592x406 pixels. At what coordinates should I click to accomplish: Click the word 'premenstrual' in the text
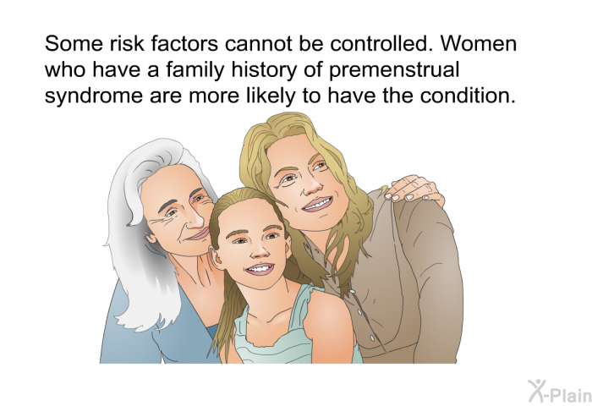[394, 70]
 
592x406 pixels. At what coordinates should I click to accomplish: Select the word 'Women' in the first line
[479, 44]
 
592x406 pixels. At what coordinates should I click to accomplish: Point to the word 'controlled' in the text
[381, 44]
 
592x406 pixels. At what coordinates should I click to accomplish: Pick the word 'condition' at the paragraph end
[469, 96]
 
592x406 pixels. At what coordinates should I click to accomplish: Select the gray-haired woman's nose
[197, 219]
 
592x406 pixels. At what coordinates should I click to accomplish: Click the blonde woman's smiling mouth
[318, 204]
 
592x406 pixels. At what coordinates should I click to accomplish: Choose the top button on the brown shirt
[352, 292]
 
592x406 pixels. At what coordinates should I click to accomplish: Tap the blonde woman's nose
[312, 184]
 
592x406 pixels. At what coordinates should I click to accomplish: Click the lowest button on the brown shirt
[372, 338]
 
